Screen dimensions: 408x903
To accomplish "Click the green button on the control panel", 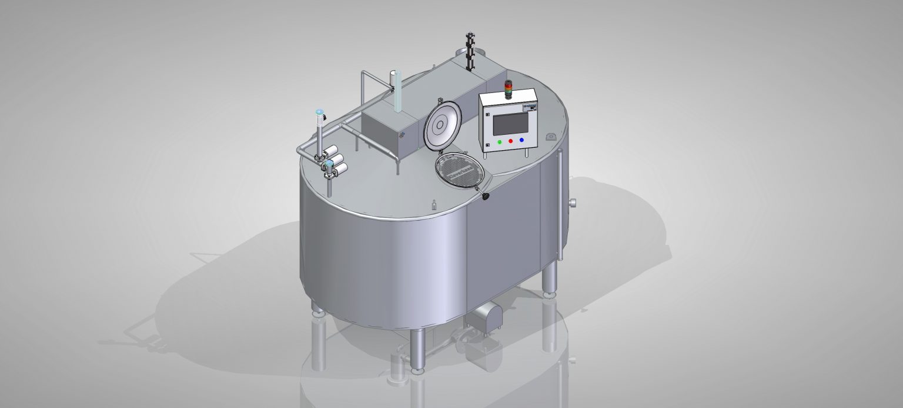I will tap(500, 141).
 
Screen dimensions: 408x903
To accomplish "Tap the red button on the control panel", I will tap(510, 141).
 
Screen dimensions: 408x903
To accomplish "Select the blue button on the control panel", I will tap(521, 140).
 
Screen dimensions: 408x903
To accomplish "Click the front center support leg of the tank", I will tap(417, 350).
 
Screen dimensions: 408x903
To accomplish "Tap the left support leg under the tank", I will tap(318, 310).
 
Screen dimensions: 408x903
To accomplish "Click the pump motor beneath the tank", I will tap(484, 315).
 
